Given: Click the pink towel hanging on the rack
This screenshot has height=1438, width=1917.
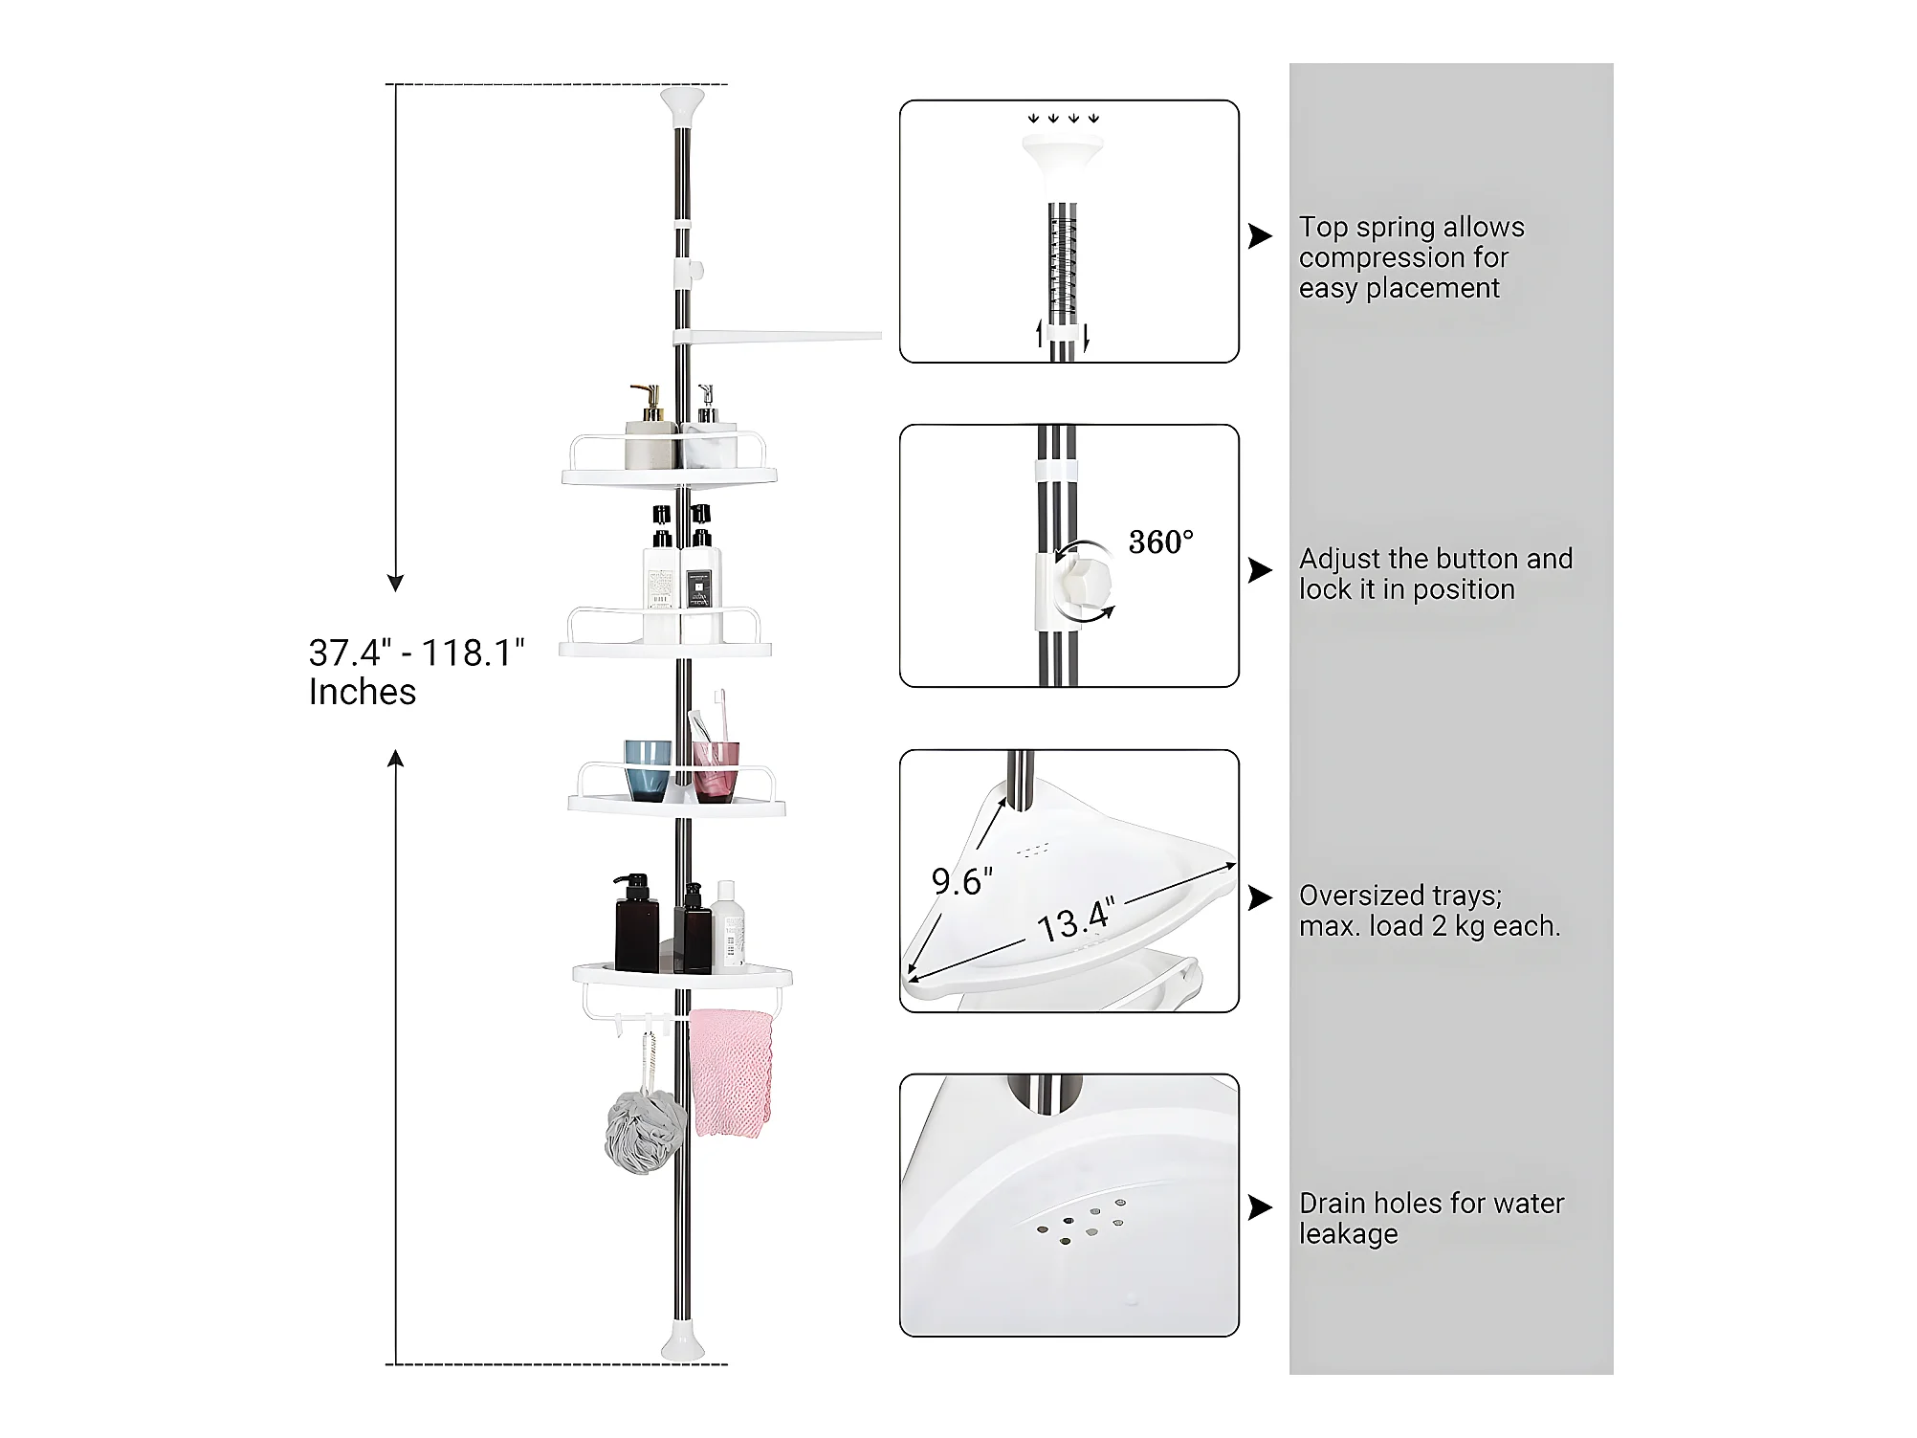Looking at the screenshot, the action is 731,1072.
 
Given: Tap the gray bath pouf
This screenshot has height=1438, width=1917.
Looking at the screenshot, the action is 646,1132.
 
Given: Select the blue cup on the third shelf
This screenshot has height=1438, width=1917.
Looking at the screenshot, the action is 648,770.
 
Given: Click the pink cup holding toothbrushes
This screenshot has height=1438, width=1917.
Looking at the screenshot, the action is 716,770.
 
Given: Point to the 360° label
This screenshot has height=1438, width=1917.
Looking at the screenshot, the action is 1160,542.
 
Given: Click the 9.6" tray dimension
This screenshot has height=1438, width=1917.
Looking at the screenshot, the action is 962,881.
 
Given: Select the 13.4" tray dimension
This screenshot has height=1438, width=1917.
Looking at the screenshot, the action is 1076,920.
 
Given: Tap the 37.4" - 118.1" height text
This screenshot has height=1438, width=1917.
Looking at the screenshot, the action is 417,653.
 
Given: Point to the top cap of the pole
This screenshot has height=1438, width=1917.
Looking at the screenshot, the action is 682,104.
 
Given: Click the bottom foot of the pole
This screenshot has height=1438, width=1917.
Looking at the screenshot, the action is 682,1343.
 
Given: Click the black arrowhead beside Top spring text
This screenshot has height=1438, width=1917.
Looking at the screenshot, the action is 1261,236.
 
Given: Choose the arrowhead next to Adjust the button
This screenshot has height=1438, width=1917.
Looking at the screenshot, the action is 1261,570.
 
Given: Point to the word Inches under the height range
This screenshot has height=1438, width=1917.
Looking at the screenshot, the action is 363,692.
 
